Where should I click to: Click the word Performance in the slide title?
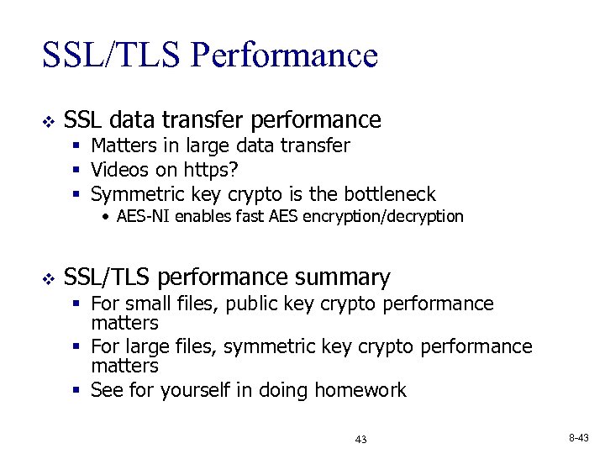(284, 55)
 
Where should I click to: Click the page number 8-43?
(580, 438)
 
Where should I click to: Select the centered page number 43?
(361, 440)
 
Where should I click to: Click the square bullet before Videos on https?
(76, 171)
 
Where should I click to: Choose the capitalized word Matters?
(124, 146)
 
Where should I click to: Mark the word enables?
(195, 217)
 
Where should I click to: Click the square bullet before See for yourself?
(76, 391)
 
